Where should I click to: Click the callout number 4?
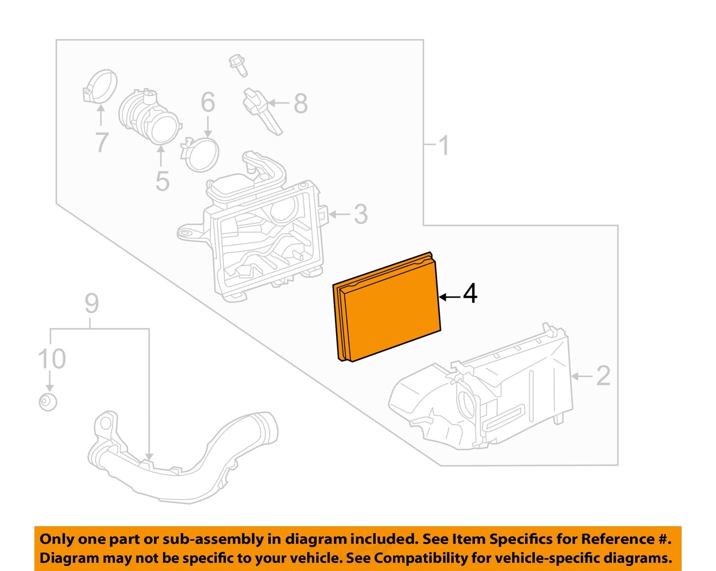point(470,294)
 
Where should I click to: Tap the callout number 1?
point(443,145)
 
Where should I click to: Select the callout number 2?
point(603,376)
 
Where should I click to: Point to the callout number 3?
point(360,214)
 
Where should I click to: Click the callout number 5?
point(162,181)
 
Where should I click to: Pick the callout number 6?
point(208,102)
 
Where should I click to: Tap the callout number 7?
point(101,142)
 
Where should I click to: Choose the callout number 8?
point(300,104)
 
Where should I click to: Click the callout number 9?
point(92,304)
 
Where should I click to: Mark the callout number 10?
point(52,359)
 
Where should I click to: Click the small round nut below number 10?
point(48,402)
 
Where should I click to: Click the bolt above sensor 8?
point(238,65)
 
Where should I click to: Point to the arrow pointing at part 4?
point(449,297)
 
